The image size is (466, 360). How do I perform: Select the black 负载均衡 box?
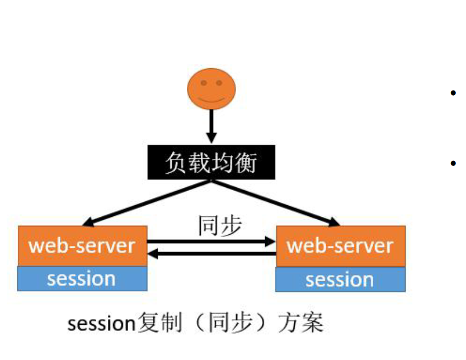[x=211, y=163]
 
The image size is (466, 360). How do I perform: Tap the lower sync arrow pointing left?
[x=211, y=254]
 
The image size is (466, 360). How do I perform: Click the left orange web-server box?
[x=82, y=245]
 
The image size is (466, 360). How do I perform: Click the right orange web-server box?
[x=340, y=246]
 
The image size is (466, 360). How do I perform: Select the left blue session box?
[x=82, y=278]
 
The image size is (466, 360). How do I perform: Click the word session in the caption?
[x=102, y=324]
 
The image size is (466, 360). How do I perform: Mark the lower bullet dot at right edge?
[x=453, y=163]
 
